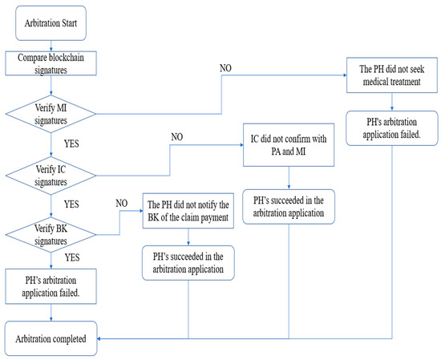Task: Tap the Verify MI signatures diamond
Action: click(x=52, y=111)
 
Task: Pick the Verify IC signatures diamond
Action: click(x=52, y=174)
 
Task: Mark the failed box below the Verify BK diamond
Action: click(x=52, y=287)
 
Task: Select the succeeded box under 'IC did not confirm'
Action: click(x=288, y=205)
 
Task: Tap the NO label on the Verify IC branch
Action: click(x=176, y=137)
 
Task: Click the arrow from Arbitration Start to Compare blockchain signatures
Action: click(x=52, y=45)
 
